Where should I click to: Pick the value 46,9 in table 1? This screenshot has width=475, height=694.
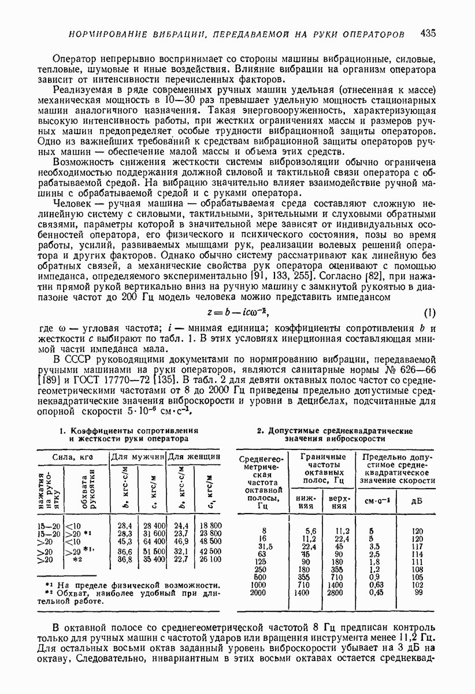(x=181, y=541)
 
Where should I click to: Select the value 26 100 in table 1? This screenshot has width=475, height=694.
(x=209, y=560)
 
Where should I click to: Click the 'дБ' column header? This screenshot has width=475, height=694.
(x=417, y=500)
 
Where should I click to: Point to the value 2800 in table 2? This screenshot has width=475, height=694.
(x=334, y=593)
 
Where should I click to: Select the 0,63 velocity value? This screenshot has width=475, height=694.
(x=376, y=585)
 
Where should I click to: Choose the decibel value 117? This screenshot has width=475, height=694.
(x=417, y=547)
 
